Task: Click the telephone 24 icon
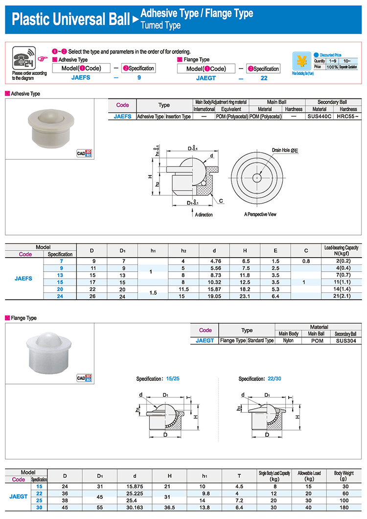point(24,58)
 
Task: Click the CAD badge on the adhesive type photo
point(84,153)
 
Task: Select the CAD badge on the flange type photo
point(84,377)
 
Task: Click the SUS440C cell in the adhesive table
point(319,116)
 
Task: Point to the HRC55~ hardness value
point(347,116)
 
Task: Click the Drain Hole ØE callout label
point(285,150)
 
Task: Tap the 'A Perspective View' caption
point(260,214)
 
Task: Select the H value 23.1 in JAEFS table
point(245,296)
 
